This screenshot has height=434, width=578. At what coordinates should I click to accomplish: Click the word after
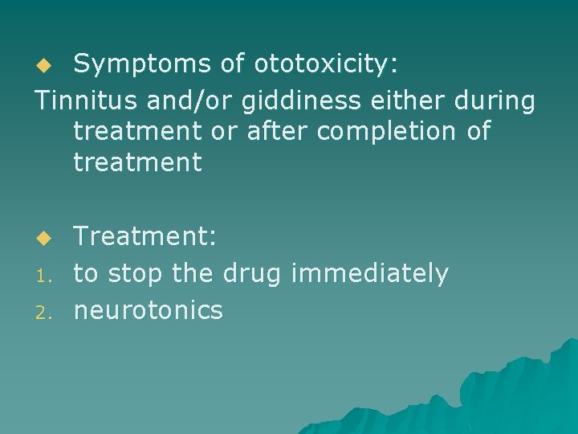273,132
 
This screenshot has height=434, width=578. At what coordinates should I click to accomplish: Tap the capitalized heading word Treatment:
144,236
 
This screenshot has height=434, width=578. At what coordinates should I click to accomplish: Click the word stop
137,272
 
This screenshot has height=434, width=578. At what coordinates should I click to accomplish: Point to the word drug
249,274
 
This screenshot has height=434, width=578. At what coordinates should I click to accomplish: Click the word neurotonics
148,309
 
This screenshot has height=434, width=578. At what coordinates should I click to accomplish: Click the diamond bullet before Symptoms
46,63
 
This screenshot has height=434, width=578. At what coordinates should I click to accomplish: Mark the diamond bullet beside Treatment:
46,238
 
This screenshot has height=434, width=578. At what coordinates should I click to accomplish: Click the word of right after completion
477,132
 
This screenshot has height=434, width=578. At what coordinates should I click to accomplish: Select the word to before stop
86,273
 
